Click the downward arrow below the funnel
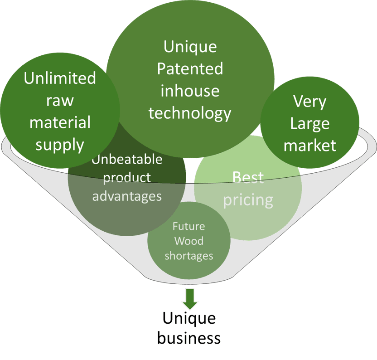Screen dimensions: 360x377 coord(190,299)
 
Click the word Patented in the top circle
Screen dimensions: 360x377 coord(190,69)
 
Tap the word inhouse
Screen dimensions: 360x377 coord(190,91)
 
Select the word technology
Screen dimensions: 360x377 coord(190,113)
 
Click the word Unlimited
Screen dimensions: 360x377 coord(60,78)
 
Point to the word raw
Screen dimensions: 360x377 coord(60,100)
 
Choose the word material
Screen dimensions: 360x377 coord(60,122)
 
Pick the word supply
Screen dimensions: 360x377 coord(60,145)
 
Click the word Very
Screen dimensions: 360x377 coord(309,101)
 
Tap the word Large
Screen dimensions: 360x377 coord(309,123)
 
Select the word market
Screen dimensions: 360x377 coord(309,145)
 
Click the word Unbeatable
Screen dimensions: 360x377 coord(127,160)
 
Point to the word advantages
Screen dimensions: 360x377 coord(127,196)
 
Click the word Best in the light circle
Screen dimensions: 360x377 coord(248,177)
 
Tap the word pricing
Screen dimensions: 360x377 coord(248,199)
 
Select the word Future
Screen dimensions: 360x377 coord(188,226)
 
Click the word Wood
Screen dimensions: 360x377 coord(188,241)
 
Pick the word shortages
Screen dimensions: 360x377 coord(188,256)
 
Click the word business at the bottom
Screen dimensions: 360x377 coord(189,338)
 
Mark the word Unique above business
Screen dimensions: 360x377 coord(189,318)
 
